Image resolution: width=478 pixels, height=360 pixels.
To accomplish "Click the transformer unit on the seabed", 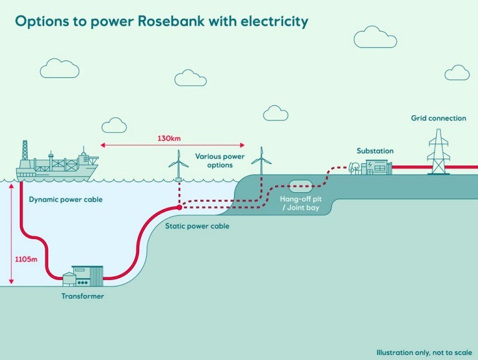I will (x=87, y=275).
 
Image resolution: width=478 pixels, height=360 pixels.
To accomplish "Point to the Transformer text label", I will (x=82, y=296).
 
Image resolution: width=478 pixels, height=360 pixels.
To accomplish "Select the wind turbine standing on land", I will (x=261, y=160).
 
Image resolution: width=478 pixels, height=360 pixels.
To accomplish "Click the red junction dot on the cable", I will (x=179, y=207).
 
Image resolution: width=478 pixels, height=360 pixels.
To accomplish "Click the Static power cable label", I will (x=197, y=226).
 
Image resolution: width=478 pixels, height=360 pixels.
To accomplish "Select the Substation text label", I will (x=375, y=151).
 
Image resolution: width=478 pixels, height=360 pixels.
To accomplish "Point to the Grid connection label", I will (x=438, y=118).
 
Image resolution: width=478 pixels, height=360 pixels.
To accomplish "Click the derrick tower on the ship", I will (x=26, y=150).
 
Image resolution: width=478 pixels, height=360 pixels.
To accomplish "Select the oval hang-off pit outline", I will (x=301, y=185).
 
